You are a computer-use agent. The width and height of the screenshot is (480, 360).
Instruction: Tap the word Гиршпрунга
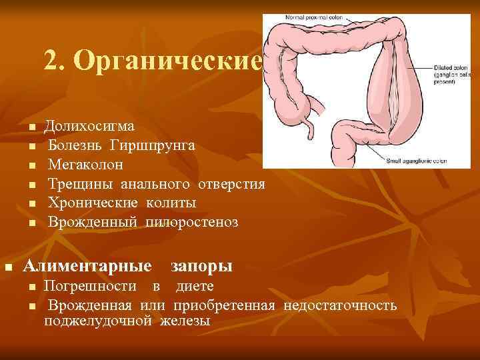pos(153,145)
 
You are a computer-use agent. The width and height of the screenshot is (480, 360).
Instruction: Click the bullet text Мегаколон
pos(85,164)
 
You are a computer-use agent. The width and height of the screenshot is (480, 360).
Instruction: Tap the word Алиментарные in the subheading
pos(87,267)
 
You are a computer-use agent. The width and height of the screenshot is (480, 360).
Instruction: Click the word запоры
pos(201,267)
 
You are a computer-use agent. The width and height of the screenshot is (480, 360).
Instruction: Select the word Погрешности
pos(92,287)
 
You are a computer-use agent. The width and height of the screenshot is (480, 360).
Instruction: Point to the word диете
pos(195,287)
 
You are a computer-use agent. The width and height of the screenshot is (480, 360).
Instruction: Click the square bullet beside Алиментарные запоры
pos(9,267)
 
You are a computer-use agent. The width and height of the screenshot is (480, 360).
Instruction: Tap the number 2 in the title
pos(51,61)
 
